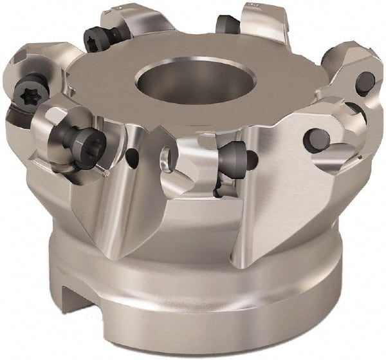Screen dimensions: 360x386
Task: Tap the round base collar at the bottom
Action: [193, 309]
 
